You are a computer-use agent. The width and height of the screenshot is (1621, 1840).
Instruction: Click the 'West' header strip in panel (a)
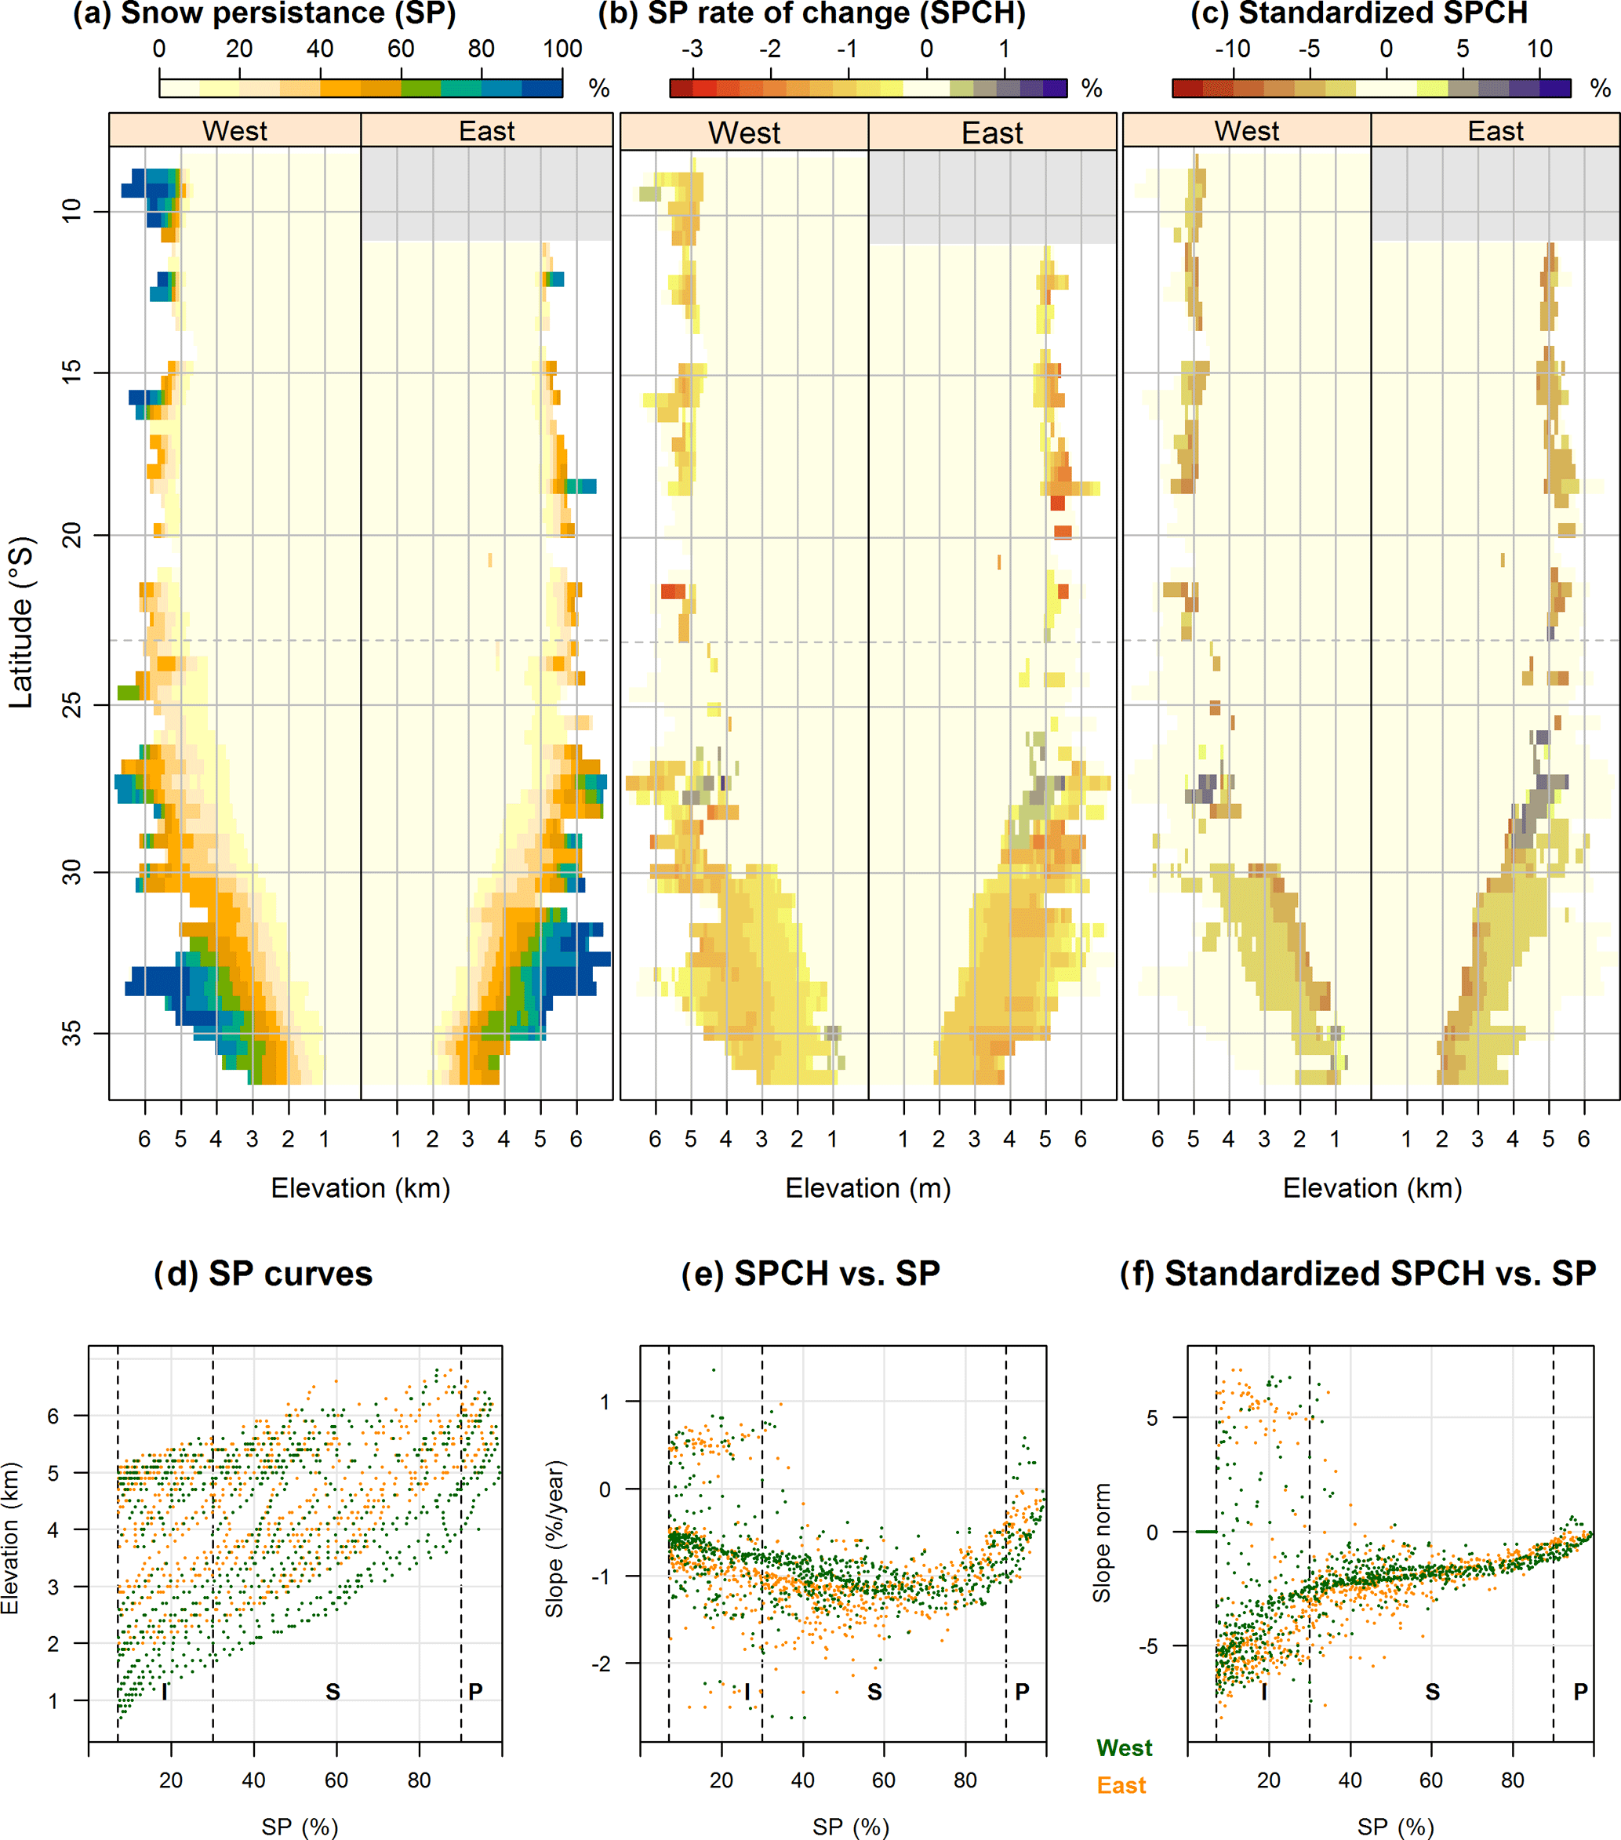tap(235, 132)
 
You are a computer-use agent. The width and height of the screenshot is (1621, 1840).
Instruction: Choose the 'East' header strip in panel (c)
tap(1495, 132)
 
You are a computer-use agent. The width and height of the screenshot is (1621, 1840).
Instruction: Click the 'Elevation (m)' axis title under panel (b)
tap(867, 1188)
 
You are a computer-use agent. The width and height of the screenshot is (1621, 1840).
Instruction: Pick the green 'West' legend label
tap(1124, 1747)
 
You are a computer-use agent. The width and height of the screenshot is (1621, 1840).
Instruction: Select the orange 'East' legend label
tap(1121, 1785)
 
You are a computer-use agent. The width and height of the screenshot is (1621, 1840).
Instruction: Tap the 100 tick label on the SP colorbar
tap(562, 49)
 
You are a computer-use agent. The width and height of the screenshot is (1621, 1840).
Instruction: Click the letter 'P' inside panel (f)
tap(1580, 1693)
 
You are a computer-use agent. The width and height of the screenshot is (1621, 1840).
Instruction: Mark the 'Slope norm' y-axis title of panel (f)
tap(1102, 1543)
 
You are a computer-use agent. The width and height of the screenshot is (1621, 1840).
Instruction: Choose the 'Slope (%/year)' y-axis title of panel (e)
tap(554, 1539)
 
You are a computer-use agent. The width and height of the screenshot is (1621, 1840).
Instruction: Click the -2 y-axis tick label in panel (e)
tap(602, 1664)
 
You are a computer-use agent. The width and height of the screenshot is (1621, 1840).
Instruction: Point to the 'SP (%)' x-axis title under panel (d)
tap(300, 1827)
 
